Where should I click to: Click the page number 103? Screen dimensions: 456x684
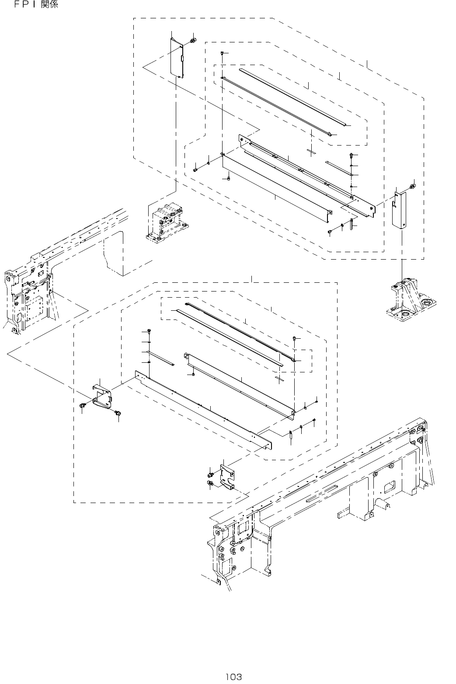[233, 677]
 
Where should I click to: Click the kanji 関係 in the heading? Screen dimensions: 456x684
[49, 6]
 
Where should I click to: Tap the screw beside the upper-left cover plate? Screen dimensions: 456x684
[193, 42]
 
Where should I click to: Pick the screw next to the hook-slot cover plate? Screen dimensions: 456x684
[412, 187]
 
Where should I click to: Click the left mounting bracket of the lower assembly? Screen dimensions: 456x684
[102, 397]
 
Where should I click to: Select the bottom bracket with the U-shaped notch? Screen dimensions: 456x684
[227, 479]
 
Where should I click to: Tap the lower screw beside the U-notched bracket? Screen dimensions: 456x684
[210, 483]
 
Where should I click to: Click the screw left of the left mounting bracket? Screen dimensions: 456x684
[83, 406]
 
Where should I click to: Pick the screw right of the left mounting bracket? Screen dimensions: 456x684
[117, 413]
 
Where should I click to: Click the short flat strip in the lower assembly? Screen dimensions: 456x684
[160, 357]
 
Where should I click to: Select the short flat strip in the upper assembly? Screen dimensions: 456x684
[339, 168]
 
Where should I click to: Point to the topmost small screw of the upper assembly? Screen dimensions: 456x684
[223, 53]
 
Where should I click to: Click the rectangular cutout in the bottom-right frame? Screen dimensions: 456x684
[388, 486]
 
